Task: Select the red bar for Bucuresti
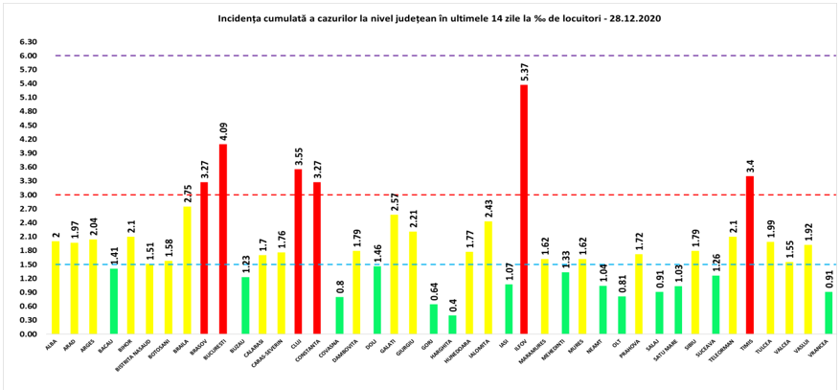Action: pyautogui.click(x=223, y=239)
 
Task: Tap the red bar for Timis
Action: pyautogui.click(x=750, y=255)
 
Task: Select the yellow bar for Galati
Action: pyautogui.click(x=393, y=274)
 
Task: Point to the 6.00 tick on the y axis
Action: pyautogui.click(x=28, y=56)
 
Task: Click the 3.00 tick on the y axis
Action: pyautogui.click(x=28, y=195)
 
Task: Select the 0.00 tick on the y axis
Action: pyautogui.click(x=28, y=334)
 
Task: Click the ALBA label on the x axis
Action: pyautogui.click(x=51, y=344)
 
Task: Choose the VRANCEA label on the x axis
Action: pyautogui.click(x=823, y=347)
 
